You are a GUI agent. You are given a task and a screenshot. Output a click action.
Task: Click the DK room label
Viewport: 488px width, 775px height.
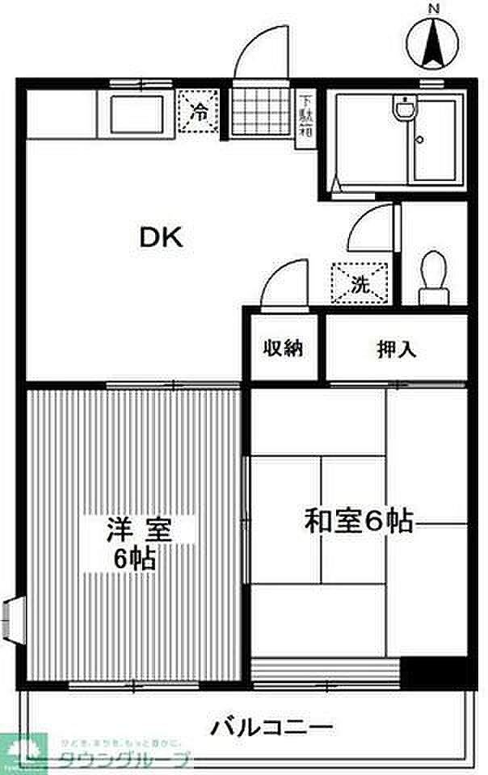point(163,237)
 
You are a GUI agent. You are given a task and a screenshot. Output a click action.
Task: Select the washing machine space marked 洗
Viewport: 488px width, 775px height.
point(360,283)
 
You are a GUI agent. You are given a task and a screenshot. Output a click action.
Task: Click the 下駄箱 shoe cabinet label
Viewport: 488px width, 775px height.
point(306,115)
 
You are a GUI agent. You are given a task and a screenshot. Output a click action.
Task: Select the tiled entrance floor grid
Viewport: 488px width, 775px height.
point(260,112)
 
